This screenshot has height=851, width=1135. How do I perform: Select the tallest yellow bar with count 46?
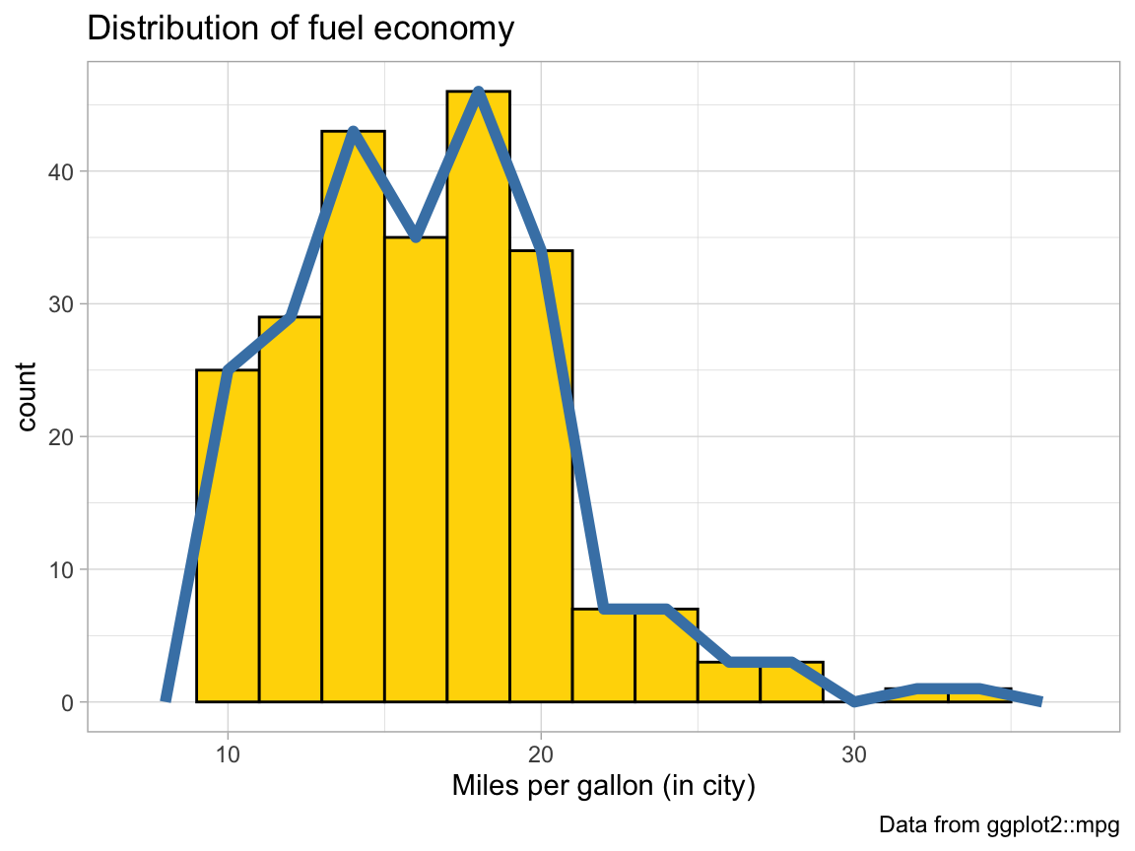478,394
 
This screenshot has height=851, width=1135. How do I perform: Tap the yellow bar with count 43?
353,414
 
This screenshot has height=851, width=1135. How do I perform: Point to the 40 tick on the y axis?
64,171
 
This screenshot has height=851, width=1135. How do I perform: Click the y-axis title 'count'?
27,396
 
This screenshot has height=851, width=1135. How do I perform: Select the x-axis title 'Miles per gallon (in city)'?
603,786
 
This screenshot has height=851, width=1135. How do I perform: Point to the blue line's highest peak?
478,92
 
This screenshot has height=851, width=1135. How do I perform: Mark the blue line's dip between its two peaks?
416,237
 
